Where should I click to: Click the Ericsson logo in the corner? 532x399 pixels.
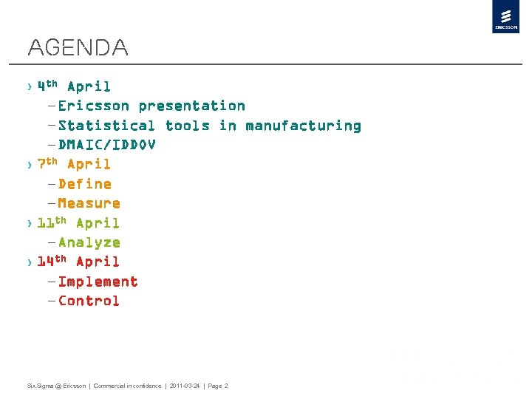point(506,17)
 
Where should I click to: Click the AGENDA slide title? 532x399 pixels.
point(78,49)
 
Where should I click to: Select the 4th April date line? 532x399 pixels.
point(74,86)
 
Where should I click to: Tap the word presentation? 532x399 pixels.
point(191,106)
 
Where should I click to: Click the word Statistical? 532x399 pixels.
point(106,126)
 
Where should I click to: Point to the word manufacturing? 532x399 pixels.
point(303,126)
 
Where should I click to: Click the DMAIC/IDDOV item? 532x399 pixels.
point(106,145)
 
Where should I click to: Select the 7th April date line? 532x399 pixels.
point(74,164)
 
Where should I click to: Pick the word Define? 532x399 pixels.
point(84,184)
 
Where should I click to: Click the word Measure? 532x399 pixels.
point(89,203)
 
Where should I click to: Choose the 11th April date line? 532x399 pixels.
point(78,223)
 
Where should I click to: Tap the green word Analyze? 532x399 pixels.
point(89,242)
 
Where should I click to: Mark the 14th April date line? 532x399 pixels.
point(78,262)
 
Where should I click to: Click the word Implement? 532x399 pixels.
point(98,282)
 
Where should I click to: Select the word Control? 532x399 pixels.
point(89,301)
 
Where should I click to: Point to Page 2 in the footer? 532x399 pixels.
point(216,386)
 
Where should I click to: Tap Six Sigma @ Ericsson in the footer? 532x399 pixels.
point(56,386)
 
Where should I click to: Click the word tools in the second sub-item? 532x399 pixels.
point(187,126)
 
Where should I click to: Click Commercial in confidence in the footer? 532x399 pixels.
point(127,386)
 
